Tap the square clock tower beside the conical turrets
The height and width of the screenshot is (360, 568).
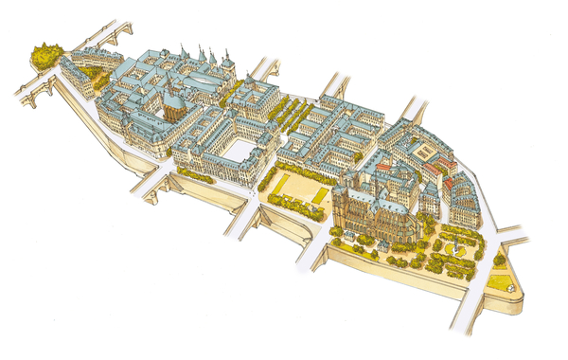(x=228, y=65)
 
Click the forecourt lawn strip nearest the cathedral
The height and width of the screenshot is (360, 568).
(x=319, y=195)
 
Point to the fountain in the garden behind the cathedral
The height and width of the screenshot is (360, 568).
(x=457, y=247)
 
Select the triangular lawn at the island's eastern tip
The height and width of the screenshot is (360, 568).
(x=500, y=281)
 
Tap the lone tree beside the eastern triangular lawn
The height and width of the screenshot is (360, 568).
(x=499, y=259)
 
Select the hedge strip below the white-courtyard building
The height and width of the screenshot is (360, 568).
(x=195, y=175)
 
